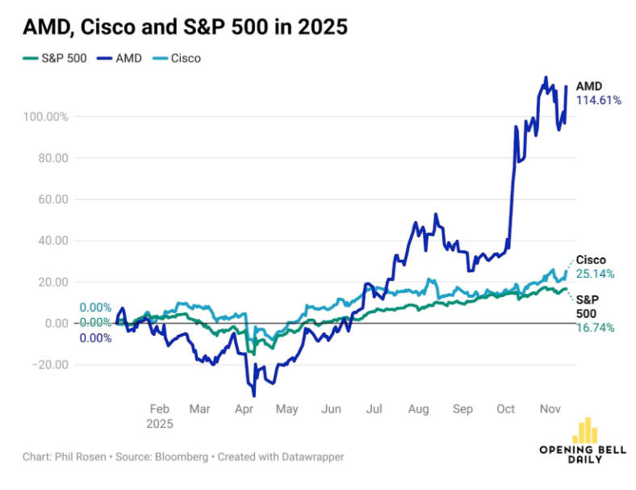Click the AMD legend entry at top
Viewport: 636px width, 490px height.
click(122, 58)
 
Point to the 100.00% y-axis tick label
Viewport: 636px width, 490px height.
click(45, 117)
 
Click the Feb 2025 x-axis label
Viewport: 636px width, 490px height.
click(160, 416)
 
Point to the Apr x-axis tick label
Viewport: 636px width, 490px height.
click(244, 409)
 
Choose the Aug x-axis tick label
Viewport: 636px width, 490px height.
click(417, 409)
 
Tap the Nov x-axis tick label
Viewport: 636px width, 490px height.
click(549, 409)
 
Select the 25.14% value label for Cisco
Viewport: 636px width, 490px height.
click(595, 274)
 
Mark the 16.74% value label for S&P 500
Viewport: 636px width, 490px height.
click(595, 327)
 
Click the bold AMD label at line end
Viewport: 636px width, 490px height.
click(589, 86)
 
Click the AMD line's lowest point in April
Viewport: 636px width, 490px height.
click(254, 396)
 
